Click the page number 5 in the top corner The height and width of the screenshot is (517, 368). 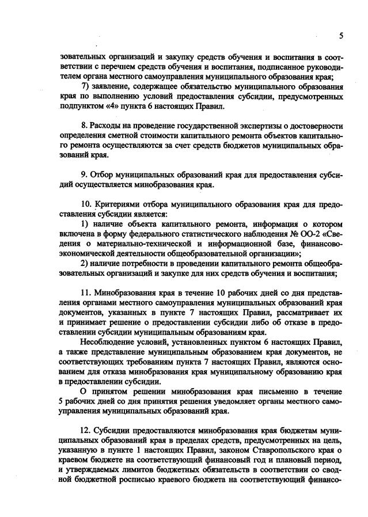click(340, 36)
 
